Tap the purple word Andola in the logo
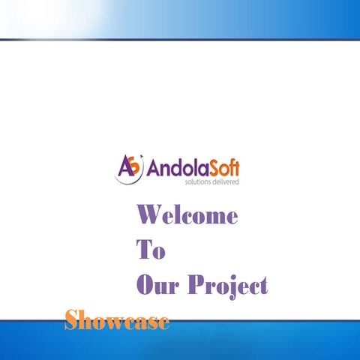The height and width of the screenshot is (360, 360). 172,166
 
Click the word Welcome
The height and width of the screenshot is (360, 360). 187,216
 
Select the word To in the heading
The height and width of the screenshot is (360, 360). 150,250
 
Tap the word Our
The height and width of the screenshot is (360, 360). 157,285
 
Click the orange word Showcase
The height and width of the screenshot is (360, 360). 116,321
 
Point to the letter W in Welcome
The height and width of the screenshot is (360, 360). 148,216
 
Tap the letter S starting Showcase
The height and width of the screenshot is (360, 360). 71,320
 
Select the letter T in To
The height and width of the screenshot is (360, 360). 143,250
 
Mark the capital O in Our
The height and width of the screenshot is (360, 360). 144,285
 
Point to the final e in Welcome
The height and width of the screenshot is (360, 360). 231,217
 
